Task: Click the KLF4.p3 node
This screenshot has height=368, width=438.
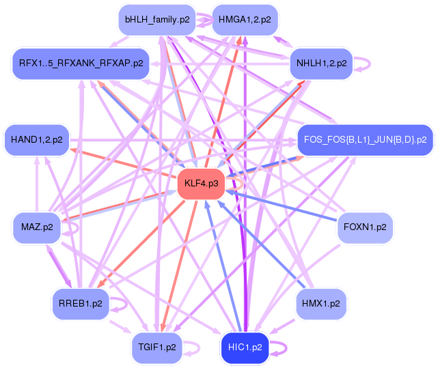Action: (202, 184)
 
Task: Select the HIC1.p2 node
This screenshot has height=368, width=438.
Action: (244, 348)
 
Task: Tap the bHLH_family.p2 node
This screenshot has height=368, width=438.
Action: (157, 20)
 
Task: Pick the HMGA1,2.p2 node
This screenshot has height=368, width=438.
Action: (244, 20)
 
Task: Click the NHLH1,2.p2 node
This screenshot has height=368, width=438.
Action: (321, 64)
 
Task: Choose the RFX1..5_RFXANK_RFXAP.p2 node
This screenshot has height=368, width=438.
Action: (81, 63)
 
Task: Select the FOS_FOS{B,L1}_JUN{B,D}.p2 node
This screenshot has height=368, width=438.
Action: (365, 139)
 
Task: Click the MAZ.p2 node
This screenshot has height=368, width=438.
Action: (37, 227)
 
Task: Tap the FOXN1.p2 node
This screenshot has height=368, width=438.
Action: (365, 227)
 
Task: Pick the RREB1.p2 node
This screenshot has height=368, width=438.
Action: (81, 303)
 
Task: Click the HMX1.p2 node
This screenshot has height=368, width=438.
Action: (321, 303)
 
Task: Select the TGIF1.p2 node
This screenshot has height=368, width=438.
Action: (157, 348)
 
